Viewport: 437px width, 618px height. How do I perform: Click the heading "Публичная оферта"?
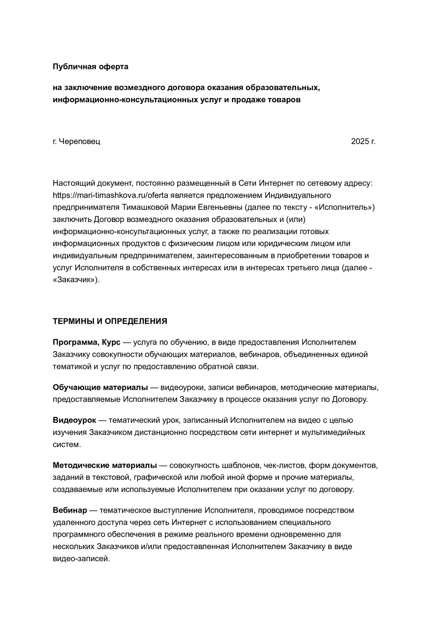(x=90, y=67)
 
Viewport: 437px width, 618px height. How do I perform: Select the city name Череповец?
(x=79, y=141)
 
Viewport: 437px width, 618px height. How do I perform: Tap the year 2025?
(x=360, y=141)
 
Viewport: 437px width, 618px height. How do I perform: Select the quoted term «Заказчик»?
(x=76, y=280)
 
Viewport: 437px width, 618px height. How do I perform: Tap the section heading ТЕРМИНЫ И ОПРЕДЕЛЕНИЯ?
(x=110, y=321)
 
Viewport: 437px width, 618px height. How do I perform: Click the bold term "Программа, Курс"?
(x=86, y=342)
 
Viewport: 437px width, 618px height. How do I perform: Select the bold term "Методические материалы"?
(x=105, y=465)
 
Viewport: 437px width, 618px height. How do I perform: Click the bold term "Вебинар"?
(x=70, y=510)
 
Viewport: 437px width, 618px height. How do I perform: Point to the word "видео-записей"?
(x=81, y=559)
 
